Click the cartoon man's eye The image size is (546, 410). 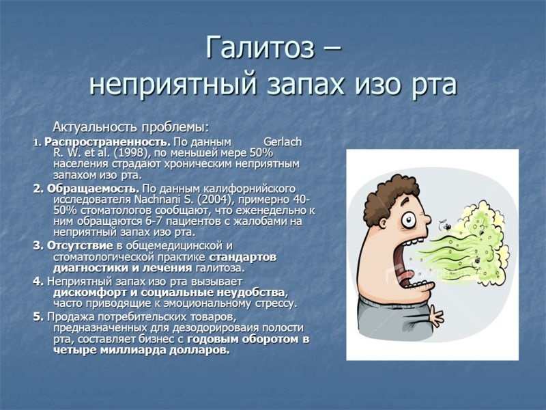[x=407, y=220]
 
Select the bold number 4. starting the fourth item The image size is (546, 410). [x=38, y=281]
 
